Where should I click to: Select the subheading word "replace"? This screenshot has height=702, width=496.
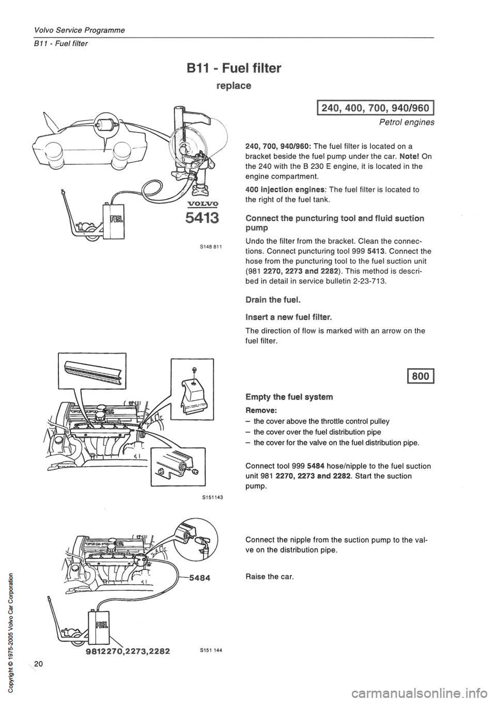pos(233,86)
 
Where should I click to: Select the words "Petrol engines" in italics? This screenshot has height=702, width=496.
pos(411,123)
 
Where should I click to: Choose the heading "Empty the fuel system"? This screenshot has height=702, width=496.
pos(290,397)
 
